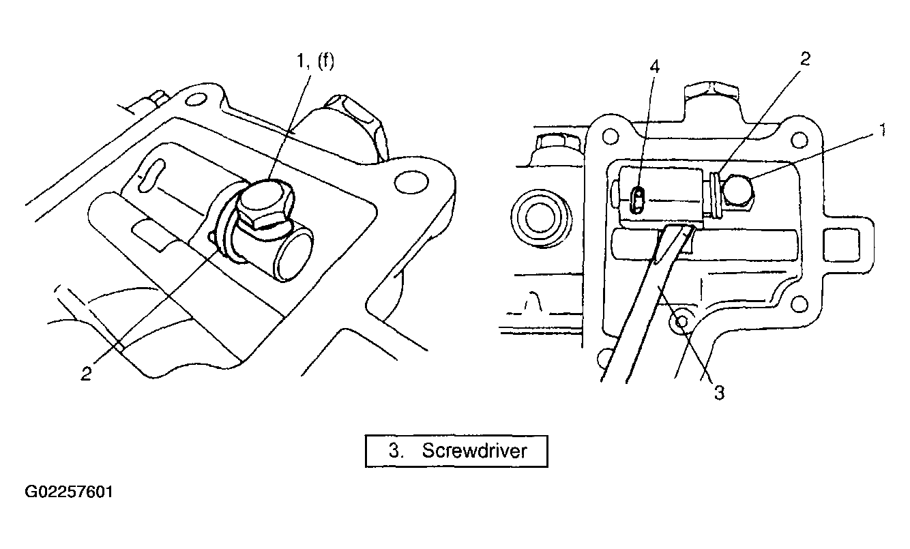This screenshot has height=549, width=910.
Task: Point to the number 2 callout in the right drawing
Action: coord(804,59)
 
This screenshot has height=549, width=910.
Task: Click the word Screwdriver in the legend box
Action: coord(475,451)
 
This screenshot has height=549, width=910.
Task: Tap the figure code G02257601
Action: coord(69,492)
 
